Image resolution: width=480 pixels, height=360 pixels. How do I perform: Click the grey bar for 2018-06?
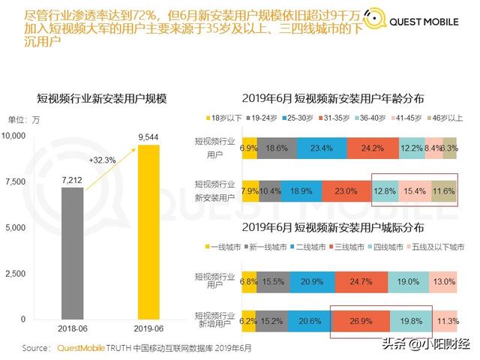[73, 253]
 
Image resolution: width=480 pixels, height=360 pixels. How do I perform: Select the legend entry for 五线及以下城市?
[436, 246]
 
